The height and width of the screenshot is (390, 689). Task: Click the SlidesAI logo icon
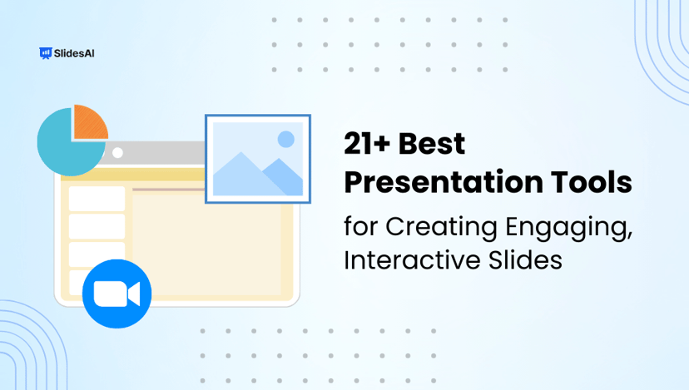click(x=45, y=53)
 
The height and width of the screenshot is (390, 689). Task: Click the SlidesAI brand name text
click(x=74, y=53)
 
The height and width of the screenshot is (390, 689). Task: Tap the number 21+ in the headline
click(x=367, y=145)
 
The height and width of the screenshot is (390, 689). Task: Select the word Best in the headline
click(x=432, y=145)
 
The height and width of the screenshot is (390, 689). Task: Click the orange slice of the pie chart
click(x=87, y=122)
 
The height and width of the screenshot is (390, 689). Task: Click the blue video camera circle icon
click(x=116, y=294)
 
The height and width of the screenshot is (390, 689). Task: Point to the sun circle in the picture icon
click(x=286, y=138)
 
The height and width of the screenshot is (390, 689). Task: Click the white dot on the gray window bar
click(x=117, y=152)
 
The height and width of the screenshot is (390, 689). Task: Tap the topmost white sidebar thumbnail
click(x=97, y=199)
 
